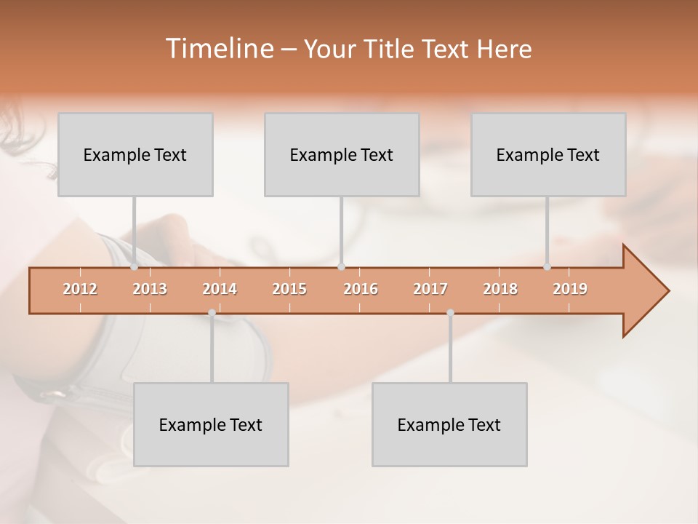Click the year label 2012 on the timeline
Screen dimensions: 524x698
80,289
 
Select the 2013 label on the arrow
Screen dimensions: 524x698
150,289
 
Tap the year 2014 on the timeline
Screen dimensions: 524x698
220,289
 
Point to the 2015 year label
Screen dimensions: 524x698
289,289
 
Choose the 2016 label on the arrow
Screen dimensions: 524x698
361,289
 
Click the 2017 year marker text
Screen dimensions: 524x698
430,289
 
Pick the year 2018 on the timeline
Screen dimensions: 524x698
500,289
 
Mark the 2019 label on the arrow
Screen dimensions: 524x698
570,289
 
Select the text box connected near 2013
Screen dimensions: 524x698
135,154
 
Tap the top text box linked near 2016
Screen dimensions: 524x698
342,154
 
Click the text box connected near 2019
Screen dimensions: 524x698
548,154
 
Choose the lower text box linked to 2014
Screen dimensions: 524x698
211,424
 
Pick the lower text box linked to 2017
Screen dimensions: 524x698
449,424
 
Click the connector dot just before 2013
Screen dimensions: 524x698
135,266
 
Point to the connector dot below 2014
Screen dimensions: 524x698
212,313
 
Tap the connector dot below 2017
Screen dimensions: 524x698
450,313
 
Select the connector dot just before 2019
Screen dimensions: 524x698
547,266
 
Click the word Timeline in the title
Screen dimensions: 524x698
219,49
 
